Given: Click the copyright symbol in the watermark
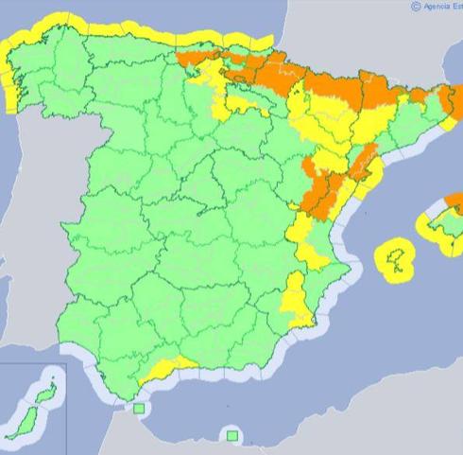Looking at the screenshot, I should [x=416, y=6].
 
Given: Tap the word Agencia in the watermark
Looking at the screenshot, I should [x=437, y=6].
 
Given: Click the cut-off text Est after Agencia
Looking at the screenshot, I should [x=457, y=6].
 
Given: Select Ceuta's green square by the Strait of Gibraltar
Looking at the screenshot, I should [x=139, y=409].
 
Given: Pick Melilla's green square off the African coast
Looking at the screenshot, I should [x=231, y=435].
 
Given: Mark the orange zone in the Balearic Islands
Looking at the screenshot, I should [x=455, y=201].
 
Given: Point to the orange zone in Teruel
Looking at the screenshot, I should [x=321, y=189].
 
